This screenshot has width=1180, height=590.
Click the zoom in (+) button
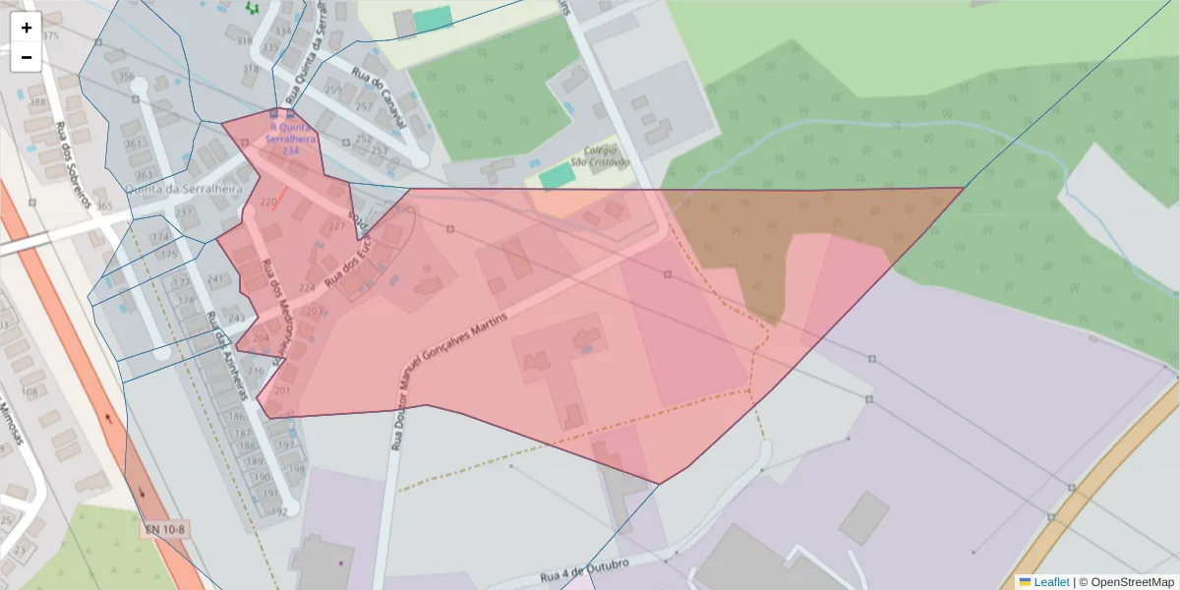click(x=26, y=28)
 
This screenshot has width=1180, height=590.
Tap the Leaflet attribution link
click(x=1050, y=581)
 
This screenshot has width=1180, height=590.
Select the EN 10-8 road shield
click(x=165, y=530)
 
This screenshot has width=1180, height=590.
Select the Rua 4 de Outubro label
click(x=584, y=571)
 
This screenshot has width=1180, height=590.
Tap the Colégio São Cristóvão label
click(x=593, y=156)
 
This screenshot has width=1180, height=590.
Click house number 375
click(x=51, y=36)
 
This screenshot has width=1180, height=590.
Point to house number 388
click(x=37, y=102)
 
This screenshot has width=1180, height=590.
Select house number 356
click(x=126, y=77)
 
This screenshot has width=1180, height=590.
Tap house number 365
click(x=104, y=206)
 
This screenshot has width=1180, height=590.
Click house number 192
click(x=279, y=511)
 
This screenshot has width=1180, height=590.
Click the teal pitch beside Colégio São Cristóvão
click(x=557, y=176)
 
